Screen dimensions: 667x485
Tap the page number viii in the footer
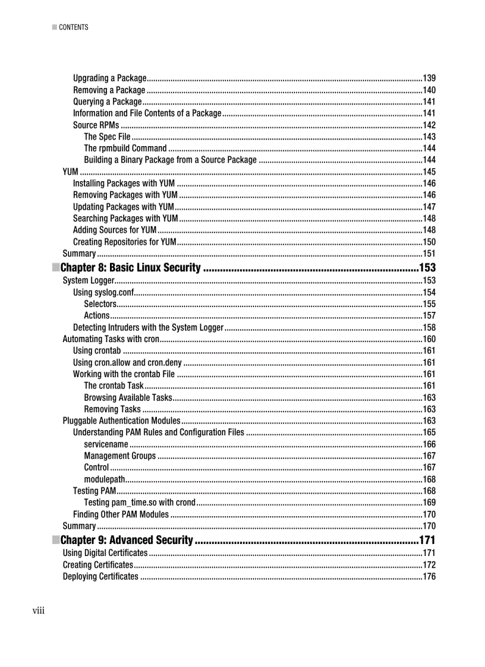click(x=39, y=610)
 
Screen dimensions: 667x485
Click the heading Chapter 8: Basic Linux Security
click(x=130, y=268)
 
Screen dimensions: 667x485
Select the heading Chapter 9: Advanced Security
click(x=127, y=540)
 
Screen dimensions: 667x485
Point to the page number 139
click(x=429, y=78)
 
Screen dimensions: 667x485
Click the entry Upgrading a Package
click(x=109, y=78)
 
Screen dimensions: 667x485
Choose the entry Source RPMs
click(x=96, y=125)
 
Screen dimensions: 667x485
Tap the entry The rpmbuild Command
click(x=125, y=148)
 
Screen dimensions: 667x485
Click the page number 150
click(x=429, y=242)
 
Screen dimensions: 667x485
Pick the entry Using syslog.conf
click(x=103, y=292)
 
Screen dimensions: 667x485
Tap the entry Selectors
click(x=100, y=304)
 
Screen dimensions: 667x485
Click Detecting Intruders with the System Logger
click(x=148, y=327)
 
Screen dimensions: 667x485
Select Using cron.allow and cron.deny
click(x=127, y=362)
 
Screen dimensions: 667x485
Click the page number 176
click(x=429, y=577)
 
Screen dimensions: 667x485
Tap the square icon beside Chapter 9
click(x=55, y=540)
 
